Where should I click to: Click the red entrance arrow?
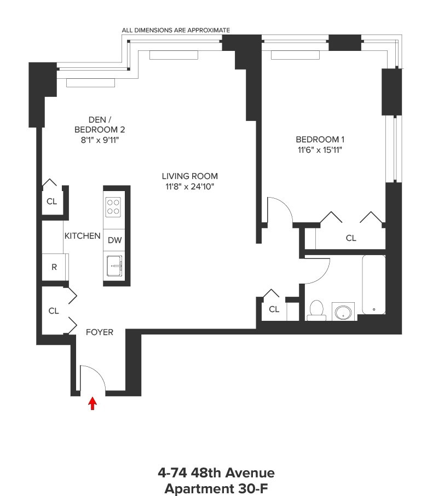[x=93, y=403]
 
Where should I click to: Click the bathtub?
[x=373, y=285]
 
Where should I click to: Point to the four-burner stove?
[x=113, y=207]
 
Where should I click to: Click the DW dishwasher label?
[x=114, y=240]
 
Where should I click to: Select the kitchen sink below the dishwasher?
[x=114, y=266]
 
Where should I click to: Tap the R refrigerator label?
[x=54, y=267]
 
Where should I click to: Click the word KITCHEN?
[x=83, y=236]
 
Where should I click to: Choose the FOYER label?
[x=100, y=332]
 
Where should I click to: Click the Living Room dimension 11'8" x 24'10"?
[x=189, y=187]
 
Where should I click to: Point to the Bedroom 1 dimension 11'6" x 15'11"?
[x=321, y=150]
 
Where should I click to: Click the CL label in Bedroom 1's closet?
[x=351, y=238]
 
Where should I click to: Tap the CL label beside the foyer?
[x=53, y=311]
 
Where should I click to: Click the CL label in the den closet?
[x=51, y=201]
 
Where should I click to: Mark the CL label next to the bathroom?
[x=274, y=309]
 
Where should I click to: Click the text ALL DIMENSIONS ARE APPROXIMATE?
[x=176, y=30]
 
